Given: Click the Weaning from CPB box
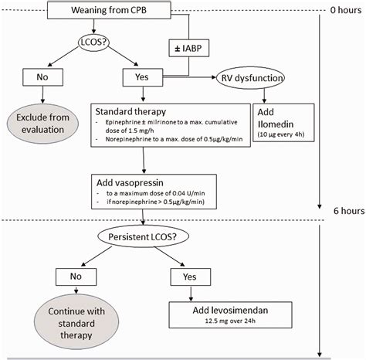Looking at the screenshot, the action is point(109,10).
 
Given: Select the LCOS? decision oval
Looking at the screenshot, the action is point(93,42).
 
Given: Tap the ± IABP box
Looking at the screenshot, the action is point(188,48).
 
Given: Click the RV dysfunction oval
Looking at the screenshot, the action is point(251,78).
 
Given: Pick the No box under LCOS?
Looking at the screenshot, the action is point(42,77).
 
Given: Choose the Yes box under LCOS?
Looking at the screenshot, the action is point(143,77).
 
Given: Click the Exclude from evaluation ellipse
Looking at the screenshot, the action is point(42,124).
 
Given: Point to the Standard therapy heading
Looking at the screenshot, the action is point(130,111).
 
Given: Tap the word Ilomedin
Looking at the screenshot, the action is point(276,124).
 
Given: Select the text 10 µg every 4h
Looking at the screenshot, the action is point(281,134).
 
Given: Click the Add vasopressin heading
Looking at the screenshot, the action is point(130,182).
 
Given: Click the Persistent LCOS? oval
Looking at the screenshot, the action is point(143,236).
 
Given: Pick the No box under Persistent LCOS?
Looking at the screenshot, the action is point(76,277).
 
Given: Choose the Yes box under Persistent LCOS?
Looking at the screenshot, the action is point(191,277).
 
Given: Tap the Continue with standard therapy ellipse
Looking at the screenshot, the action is point(76,323).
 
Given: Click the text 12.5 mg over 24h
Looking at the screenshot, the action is point(230,321).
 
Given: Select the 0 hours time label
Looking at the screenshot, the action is point(346,10).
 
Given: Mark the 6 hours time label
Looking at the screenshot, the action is point(349,211).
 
